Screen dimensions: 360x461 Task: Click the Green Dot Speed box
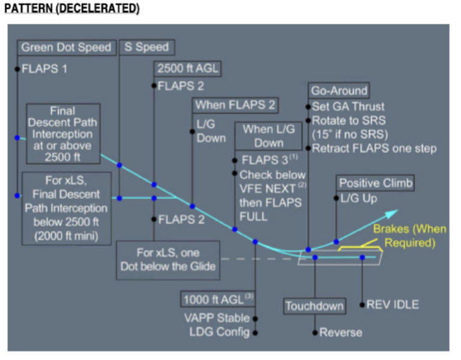click(x=67, y=47)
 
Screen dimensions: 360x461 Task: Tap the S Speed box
click(x=147, y=47)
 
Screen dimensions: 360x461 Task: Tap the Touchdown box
click(x=315, y=306)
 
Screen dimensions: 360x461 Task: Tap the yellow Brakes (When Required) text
click(x=403, y=236)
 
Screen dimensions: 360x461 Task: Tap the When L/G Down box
click(x=269, y=136)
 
